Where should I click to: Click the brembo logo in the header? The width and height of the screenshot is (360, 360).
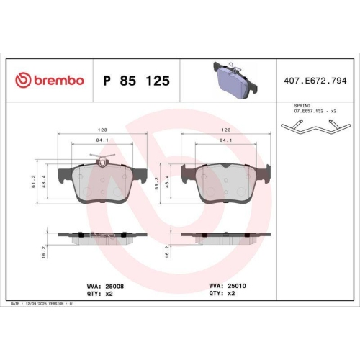(50, 81)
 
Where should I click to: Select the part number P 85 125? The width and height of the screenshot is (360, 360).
(137, 81)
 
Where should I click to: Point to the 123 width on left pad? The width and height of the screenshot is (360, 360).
(103, 131)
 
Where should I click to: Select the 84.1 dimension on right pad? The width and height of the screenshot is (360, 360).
(226, 140)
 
